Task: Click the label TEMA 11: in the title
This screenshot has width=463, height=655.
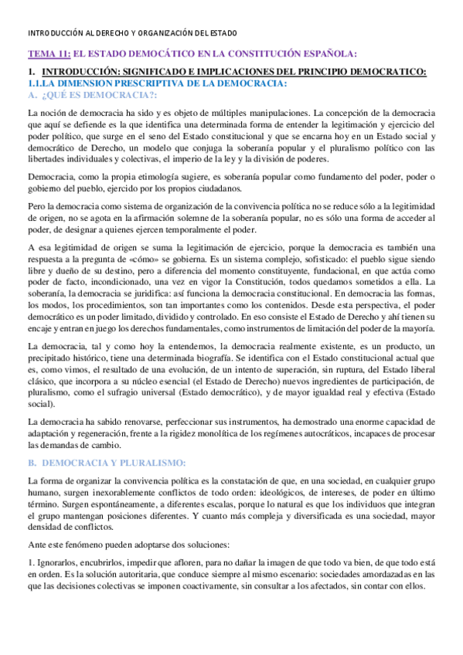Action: tap(48, 53)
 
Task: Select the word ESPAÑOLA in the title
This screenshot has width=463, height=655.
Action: tap(320, 53)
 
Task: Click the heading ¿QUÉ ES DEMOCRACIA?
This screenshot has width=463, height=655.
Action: tap(97, 94)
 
